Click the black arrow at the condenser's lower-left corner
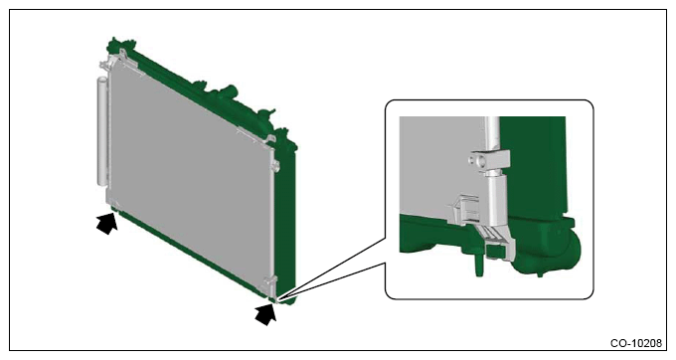[x=107, y=224]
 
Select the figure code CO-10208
[x=635, y=343]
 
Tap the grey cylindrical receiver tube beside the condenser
[x=100, y=130]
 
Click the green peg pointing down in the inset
[x=478, y=265]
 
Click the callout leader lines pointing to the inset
[x=331, y=269]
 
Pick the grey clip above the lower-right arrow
[x=268, y=285]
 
